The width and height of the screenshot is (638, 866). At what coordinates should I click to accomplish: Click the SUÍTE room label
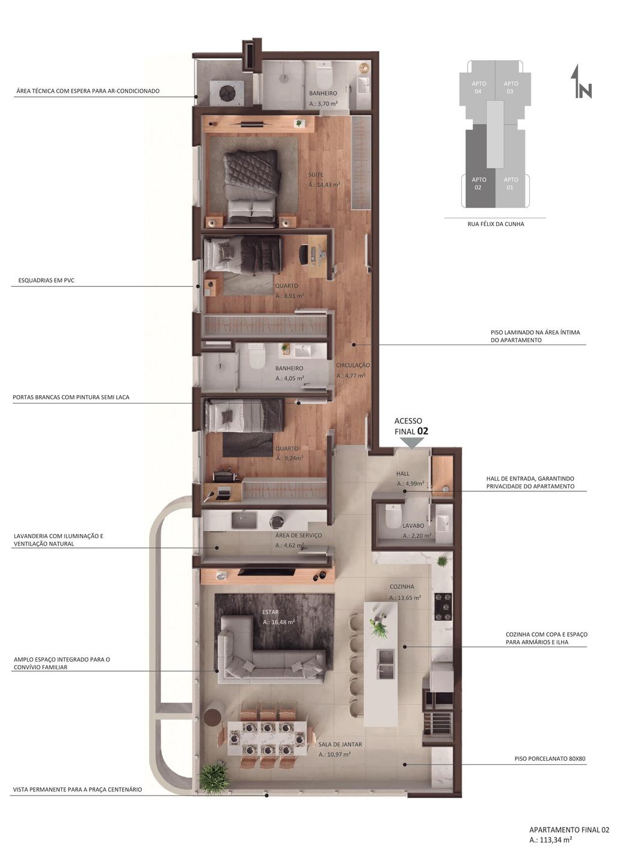click(x=316, y=175)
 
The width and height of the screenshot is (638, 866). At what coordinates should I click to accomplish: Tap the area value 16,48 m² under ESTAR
click(x=278, y=622)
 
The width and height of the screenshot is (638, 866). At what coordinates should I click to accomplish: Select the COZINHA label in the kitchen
click(x=402, y=587)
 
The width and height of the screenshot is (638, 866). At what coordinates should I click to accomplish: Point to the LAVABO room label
click(x=413, y=526)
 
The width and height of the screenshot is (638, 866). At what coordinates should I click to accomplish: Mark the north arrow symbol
click(x=581, y=82)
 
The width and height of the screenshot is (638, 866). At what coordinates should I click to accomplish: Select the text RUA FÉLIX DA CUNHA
click(x=495, y=224)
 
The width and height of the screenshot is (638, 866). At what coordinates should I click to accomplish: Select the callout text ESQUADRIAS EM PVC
click(x=46, y=280)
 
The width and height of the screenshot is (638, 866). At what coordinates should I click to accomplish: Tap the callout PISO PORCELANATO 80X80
click(x=550, y=759)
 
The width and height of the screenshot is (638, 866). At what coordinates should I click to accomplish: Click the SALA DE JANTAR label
click(x=340, y=745)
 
